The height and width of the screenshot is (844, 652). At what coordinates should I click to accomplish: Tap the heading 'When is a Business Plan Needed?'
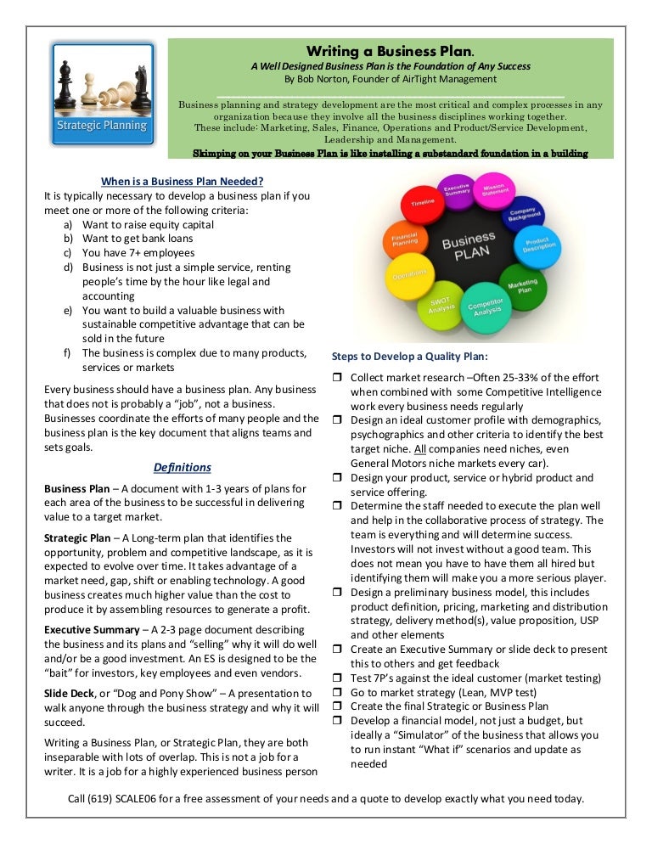click(x=182, y=181)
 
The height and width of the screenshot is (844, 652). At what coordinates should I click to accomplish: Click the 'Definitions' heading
click(x=182, y=467)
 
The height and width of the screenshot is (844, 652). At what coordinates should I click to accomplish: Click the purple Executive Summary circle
click(x=458, y=191)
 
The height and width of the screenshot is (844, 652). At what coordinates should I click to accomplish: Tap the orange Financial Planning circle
click(x=404, y=241)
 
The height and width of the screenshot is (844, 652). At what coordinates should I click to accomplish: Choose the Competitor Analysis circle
click(x=487, y=307)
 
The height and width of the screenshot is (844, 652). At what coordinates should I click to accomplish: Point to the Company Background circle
click(x=524, y=214)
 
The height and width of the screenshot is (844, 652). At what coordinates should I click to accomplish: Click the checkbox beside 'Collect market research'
click(x=336, y=377)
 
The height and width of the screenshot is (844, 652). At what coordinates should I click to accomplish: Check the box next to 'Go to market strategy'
click(x=336, y=692)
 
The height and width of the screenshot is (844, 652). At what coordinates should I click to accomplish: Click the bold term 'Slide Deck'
click(x=70, y=693)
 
